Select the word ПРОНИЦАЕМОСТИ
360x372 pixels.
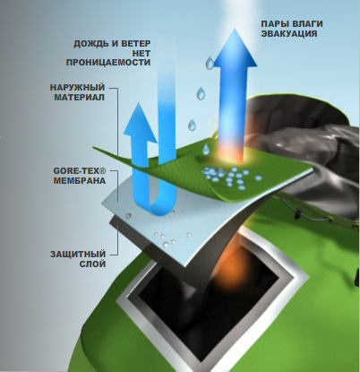[x=108, y=63]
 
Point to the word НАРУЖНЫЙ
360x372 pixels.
[x=77, y=88]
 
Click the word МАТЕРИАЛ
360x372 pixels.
[x=79, y=98]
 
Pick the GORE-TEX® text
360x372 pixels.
[x=80, y=171]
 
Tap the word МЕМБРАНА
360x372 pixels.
[x=80, y=181]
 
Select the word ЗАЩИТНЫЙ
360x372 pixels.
[x=78, y=255]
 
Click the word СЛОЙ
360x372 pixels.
[x=92, y=264]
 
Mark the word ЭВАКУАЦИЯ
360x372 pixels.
[x=289, y=33]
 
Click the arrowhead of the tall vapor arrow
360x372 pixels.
[x=235, y=48]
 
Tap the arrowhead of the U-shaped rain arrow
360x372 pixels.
[x=140, y=122]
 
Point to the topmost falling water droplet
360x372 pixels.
[x=210, y=63]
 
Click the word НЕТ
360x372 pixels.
[x=144, y=53]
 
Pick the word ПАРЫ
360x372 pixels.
[x=271, y=23]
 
